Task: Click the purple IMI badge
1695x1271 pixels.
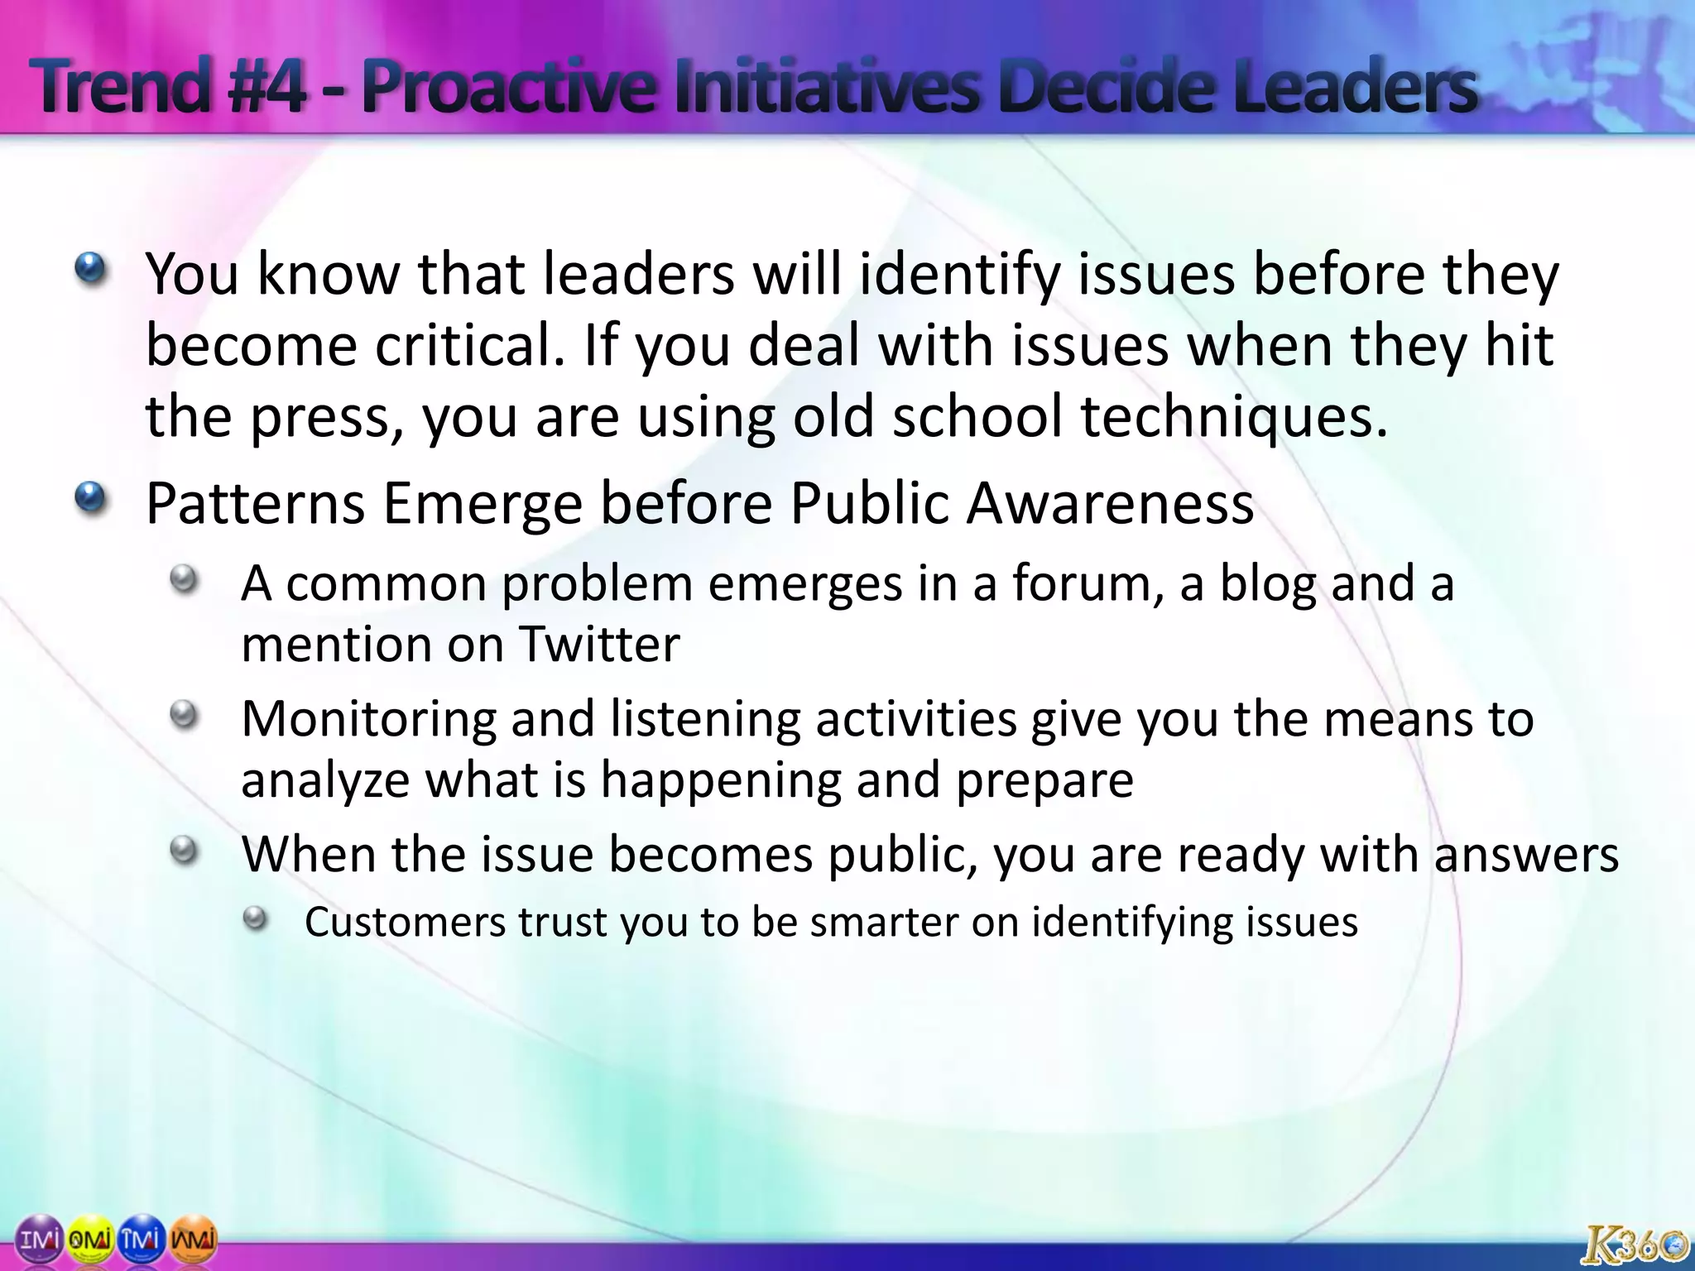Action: click(39, 1239)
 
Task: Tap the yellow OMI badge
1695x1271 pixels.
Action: click(89, 1239)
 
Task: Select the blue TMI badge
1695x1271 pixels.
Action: click(142, 1239)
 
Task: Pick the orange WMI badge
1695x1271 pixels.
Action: click(194, 1239)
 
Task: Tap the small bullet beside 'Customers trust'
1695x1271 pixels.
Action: click(256, 918)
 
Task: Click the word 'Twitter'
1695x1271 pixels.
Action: click(599, 645)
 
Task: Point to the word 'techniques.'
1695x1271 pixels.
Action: click(1233, 416)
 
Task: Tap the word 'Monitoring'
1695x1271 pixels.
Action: click(368, 718)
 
